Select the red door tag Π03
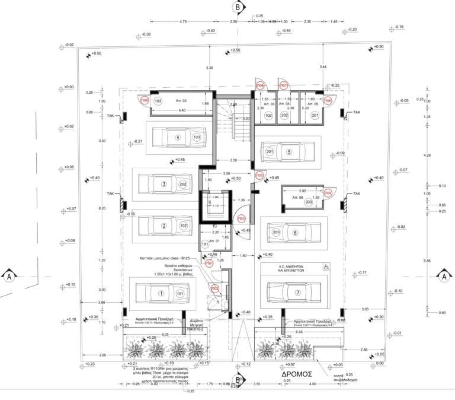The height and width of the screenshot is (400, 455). (x=241, y=218)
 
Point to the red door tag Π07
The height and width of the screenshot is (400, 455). (x=284, y=85)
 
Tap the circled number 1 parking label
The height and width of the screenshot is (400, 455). (x=161, y=293)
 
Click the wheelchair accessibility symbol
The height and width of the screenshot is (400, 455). (x=326, y=268)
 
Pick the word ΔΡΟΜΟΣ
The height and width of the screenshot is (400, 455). (x=297, y=374)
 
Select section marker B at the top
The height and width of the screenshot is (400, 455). (x=238, y=7)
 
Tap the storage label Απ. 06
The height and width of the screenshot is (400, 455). (x=297, y=197)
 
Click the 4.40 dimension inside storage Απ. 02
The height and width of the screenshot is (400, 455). (x=165, y=110)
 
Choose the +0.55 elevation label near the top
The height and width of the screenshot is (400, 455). (x=236, y=50)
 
